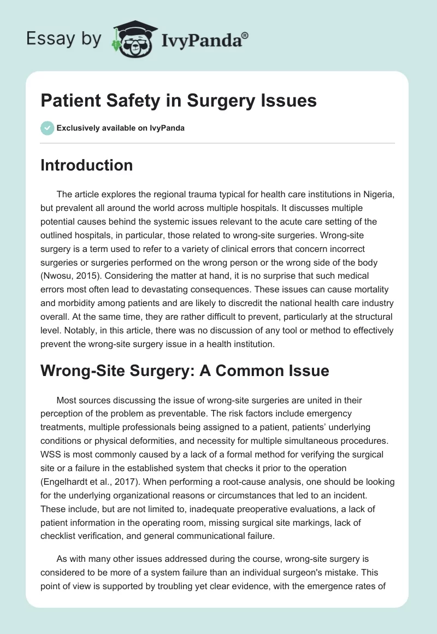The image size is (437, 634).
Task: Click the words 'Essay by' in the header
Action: [x=63, y=39]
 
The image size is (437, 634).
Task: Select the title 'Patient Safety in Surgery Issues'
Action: [x=179, y=101]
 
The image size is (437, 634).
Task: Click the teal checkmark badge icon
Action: [x=47, y=128]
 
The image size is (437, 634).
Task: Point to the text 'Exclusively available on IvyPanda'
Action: [x=121, y=128]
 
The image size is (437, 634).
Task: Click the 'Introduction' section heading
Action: [x=86, y=165]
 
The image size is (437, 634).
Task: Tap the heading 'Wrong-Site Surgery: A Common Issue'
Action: [x=185, y=371]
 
